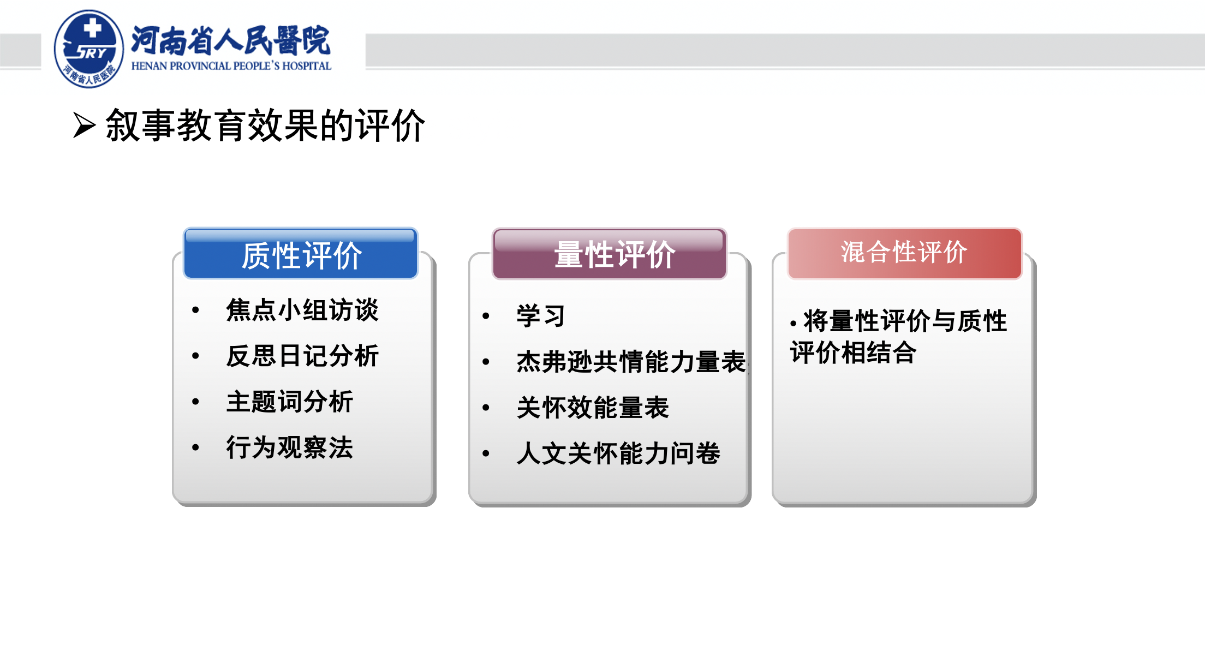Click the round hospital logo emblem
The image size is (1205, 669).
click(x=89, y=49)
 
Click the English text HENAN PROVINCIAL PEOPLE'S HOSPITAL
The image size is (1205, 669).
click(x=231, y=66)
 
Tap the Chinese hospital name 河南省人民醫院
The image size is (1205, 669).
click(x=231, y=40)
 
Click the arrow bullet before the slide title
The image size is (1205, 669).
click(x=85, y=126)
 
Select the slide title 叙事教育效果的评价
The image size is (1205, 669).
click(x=265, y=126)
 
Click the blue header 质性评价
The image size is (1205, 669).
click(x=301, y=254)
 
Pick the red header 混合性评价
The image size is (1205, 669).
click(x=904, y=253)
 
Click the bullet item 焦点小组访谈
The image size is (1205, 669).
click(x=302, y=310)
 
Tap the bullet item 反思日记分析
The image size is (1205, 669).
click(x=302, y=356)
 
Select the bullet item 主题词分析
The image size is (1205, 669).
click(x=290, y=402)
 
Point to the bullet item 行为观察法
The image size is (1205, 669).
click(x=290, y=447)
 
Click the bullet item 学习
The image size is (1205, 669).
click(x=541, y=315)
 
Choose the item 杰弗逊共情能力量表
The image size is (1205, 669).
click(x=631, y=361)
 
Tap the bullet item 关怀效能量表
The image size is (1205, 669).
click(x=593, y=407)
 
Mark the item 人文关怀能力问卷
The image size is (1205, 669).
click(x=618, y=453)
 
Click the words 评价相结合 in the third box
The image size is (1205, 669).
click(x=854, y=353)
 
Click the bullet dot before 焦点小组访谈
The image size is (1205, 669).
click(x=195, y=310)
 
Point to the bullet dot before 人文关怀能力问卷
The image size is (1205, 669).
click(x=486, y=453)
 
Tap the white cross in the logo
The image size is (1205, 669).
click(x=93, y=28)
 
